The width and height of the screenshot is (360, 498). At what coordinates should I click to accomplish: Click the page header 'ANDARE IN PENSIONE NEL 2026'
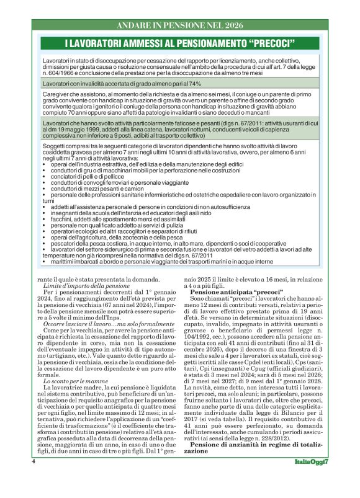180,26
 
